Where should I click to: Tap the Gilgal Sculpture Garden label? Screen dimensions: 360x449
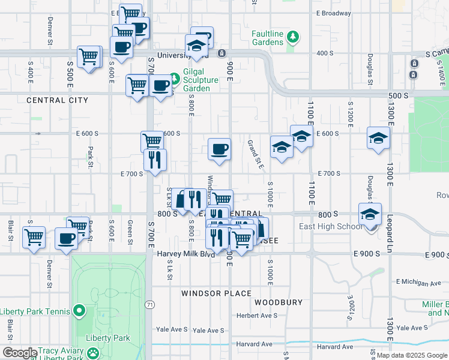pos(196,83)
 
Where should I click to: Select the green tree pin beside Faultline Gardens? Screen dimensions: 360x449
pos(293,37)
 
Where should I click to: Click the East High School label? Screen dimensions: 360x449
pos(331,226)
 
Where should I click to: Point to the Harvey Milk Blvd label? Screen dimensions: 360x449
pos(185,254)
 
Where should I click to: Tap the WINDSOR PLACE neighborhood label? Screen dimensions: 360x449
pos(217,293)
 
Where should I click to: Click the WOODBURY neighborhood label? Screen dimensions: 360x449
pos(278,302)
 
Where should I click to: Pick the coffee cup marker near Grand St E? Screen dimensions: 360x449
pos(219,148)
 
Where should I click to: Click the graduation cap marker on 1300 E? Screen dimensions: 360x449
pos(378,139)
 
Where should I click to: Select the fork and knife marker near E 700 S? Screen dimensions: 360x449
pos(155,160)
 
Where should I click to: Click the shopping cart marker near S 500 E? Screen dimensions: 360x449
pos(89,57)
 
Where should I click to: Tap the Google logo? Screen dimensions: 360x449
pos(20,353)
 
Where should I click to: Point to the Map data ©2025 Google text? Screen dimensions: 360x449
pos(411,355)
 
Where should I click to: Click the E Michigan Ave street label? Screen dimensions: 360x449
pos(418,283)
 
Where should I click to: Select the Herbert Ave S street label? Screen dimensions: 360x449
pos(257,316)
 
